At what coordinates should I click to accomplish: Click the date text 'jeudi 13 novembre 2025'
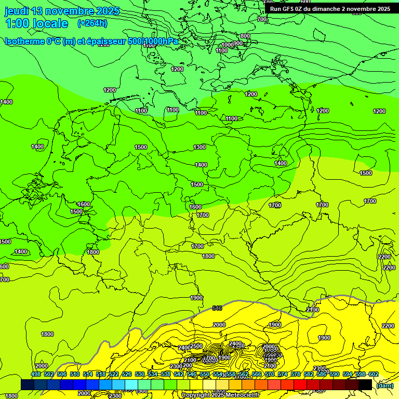(x=62, y=11)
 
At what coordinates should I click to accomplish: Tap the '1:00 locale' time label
(x=37, y=23)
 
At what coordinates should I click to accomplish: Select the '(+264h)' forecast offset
(x=92, y=23)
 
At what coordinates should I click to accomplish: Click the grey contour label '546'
(x=217, y=309)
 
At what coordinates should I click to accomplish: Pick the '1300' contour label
(x=199, y=147)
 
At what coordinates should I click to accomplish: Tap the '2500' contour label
(x=196, y=346)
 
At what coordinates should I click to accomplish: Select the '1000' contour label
(x=228, y=45)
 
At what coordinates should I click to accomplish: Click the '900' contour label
(x=238, y=43)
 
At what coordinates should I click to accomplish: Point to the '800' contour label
(x=245, y=36)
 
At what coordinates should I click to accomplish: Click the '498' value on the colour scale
(x=36, y=375)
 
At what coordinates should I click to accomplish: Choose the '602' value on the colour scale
(x=373, y=375)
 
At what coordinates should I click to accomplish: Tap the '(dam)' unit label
(x=385, y=385)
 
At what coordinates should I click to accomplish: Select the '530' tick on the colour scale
(x=140, y=375)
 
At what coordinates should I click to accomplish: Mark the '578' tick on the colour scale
(x=295, y=375)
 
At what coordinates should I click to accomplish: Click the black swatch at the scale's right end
(x=365, y=384)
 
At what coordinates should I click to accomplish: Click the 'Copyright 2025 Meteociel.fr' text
(x=220, y=395)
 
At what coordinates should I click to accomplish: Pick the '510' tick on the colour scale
(x=75, y=375)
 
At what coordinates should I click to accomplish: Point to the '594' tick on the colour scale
(x=347, y=375)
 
